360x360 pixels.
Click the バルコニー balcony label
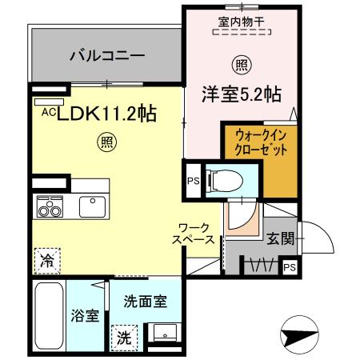(106, 56)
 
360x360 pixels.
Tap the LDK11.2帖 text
(104, 114)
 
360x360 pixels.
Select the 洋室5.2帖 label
(239, 93)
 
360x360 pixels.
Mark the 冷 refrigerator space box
(46, 259)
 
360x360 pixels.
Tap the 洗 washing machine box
(124, 337)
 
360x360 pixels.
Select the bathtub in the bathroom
(50, 316)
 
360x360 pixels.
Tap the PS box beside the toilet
(193, 181)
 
